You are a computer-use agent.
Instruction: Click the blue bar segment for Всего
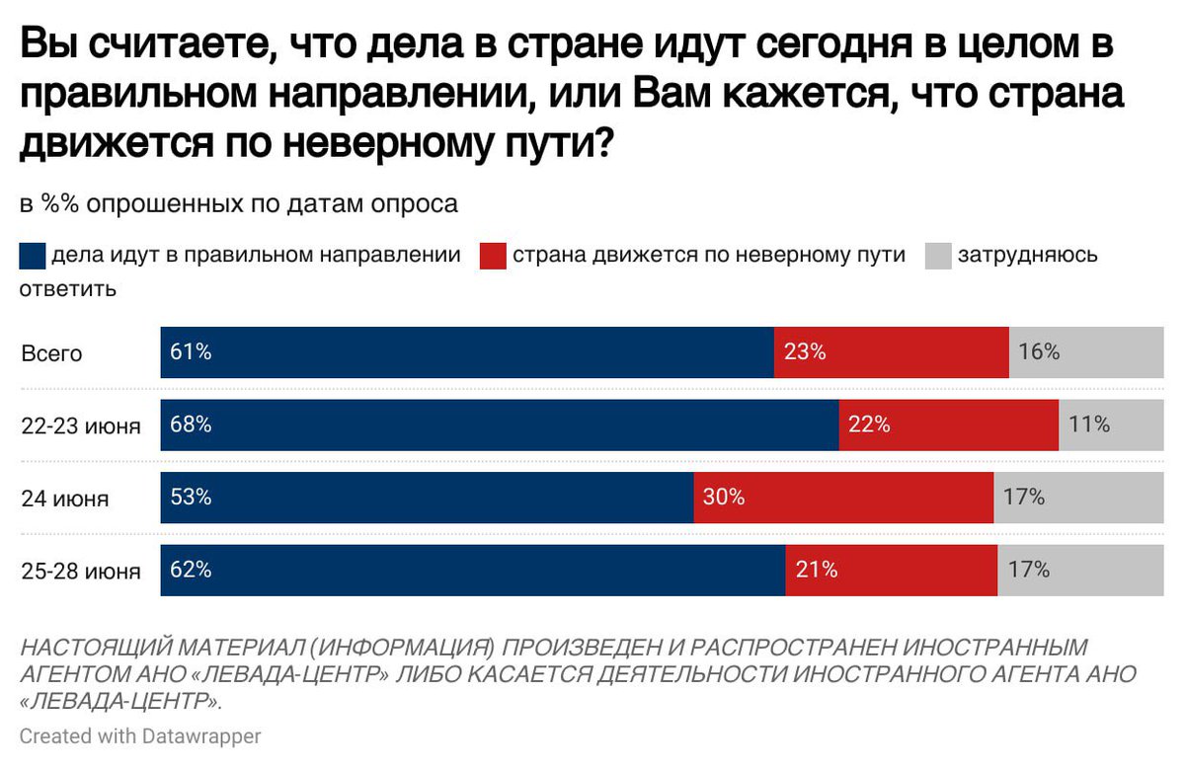466,352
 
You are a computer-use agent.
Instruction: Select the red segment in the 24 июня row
843,498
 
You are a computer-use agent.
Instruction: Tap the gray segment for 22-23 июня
1111,425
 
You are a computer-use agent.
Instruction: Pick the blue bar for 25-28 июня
472,571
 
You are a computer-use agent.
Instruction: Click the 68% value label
191,425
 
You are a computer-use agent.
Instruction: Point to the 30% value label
723,498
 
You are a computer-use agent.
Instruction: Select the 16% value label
1038,352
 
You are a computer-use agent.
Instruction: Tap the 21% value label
817,571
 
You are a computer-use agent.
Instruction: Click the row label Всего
52,353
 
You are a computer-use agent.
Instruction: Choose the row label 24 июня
65,499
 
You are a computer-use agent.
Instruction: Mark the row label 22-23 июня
81,426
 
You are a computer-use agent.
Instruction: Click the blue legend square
33,256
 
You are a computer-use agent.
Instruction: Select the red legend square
494,256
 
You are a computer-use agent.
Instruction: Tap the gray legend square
938,256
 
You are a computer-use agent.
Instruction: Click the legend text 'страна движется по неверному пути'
708,255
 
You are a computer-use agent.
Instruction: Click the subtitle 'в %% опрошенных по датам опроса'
238,204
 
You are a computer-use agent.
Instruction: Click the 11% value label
1089,425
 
